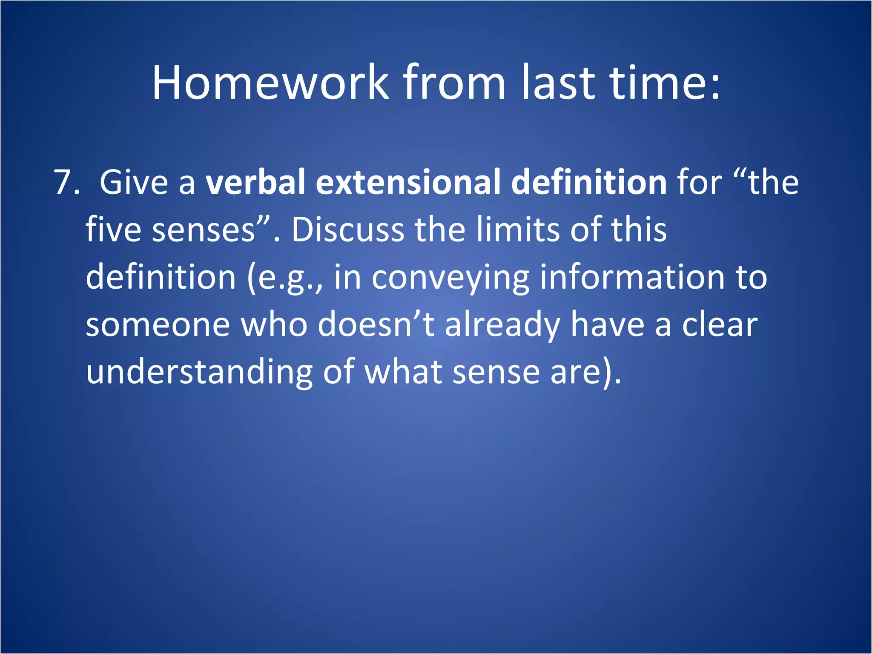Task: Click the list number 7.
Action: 66,182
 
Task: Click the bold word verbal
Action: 255,182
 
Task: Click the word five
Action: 113,230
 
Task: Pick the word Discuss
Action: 347,230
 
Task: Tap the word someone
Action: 158,325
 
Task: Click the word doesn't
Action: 376,324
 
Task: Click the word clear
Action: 720,324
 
